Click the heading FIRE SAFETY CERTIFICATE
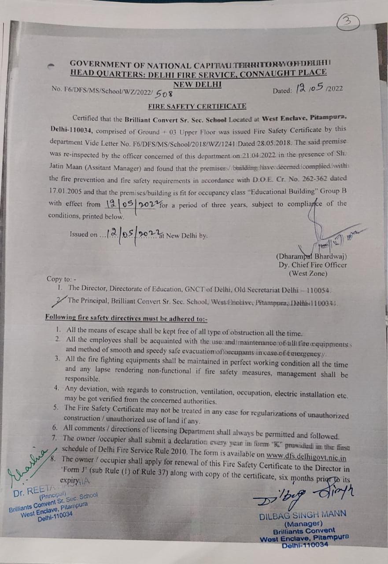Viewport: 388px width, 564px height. click(197, 106)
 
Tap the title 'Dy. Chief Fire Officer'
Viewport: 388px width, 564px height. click(312, 265)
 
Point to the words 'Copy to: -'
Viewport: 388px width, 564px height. click(62, 279)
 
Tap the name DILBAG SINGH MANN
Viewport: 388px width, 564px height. click(303, 514)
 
